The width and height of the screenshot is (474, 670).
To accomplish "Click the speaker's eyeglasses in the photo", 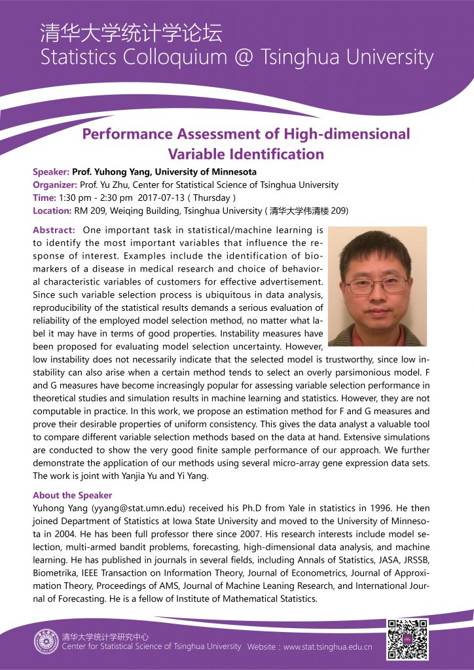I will tap(376, 285).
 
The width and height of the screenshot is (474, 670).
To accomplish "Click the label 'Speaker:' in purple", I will tap(51, 172).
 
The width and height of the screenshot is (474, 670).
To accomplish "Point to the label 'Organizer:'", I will tap(55, 185).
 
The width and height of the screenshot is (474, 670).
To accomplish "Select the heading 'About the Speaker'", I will tap(72, 495).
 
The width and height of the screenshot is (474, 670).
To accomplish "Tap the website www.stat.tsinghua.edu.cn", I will tap(327, 647).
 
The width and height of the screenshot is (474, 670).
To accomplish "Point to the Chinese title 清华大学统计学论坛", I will tap(130, 32).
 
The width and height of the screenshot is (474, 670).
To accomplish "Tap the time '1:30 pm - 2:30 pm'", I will tap(96, 198).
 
